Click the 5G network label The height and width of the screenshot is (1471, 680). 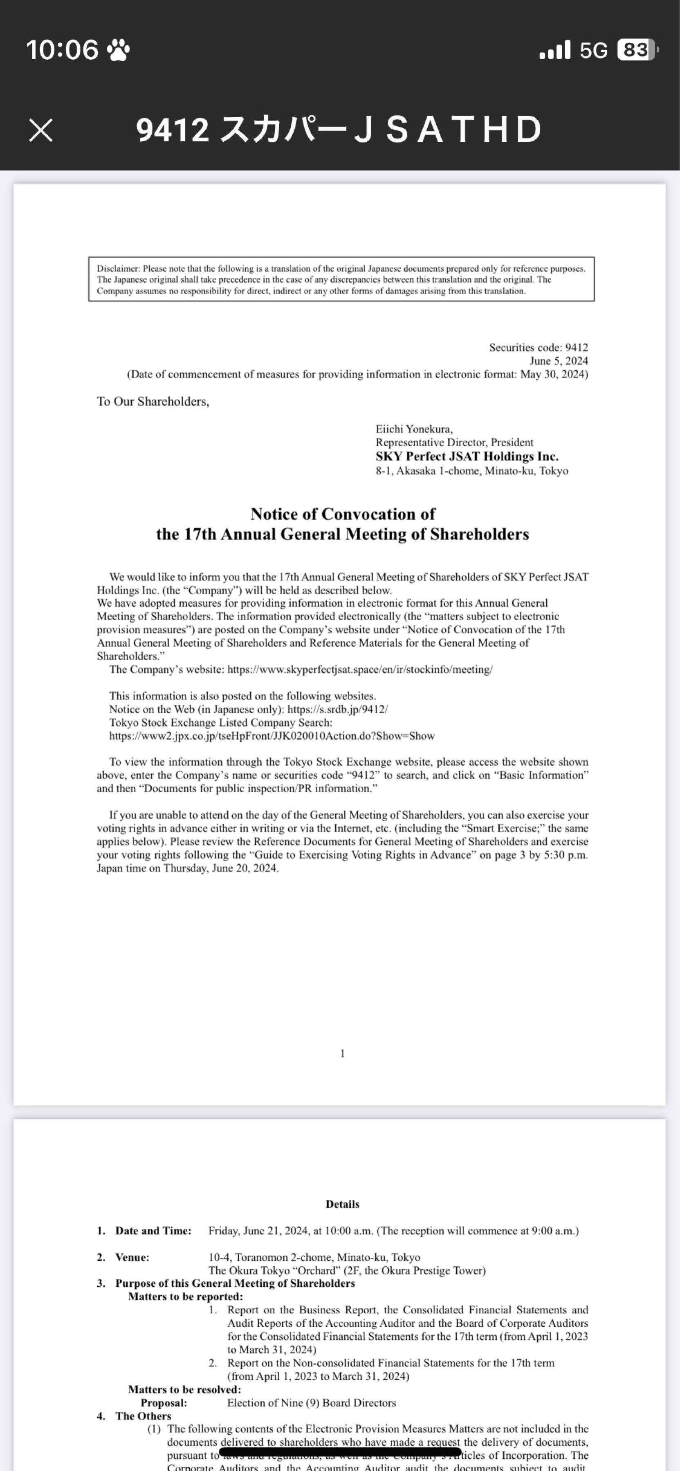click(x=593, y=51)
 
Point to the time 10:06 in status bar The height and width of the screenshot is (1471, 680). click(x=62, y=50)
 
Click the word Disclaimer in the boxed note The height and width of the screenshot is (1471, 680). click(x=118, y=268)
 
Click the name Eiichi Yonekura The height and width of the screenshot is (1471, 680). click(x=414, y=429)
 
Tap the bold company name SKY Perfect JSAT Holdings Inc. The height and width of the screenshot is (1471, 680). click(x=466, y=456)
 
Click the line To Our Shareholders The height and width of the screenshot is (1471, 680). click(x=153, y=401)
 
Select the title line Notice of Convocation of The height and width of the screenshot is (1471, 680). click(x=342, y=514)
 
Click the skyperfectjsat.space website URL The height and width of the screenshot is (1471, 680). click(x=359, y=669)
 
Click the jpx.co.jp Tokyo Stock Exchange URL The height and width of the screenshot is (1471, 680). click(x=272, y=735)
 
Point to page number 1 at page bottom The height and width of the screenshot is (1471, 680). click(x=342, y=1053)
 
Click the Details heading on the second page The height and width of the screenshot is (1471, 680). click(x=342, y=1204)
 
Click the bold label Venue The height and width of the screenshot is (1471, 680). click(x=132, y=1257)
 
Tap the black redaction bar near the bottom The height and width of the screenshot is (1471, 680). click(x=340, y=1451)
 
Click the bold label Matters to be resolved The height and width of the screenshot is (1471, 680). click(x=184, y=1389)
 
